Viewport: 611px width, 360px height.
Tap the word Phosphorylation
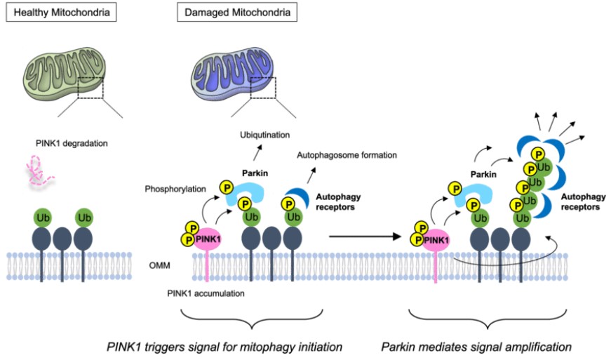coord(174,189)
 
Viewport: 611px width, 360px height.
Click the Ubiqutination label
coord(264,133)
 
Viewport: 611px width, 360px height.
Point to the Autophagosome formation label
coord(347,154)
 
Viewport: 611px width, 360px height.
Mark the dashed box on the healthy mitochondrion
coord(91,88)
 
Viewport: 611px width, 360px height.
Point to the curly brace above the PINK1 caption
coord(252,319)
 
